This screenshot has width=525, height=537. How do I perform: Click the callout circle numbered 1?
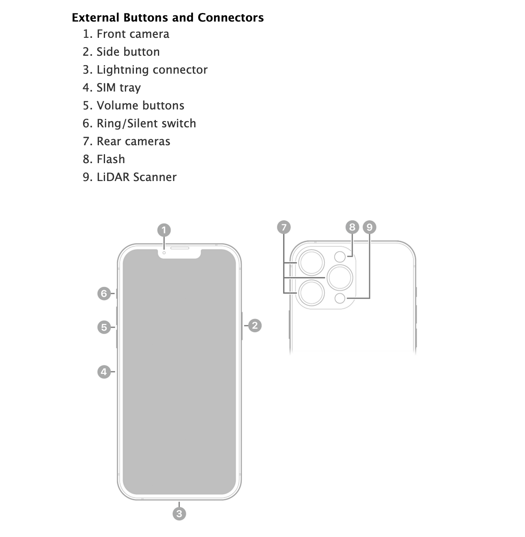coord(164,230)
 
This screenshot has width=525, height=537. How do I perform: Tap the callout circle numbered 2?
coord(255,325)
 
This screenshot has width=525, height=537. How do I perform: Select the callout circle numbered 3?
coord(179,513)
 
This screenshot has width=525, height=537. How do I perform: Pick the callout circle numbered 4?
coord(104,371)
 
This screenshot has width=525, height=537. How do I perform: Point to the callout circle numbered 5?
coord(104,327)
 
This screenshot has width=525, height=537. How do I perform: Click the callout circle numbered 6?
coord(104,293)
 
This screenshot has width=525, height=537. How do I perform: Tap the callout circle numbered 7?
coord(284,227)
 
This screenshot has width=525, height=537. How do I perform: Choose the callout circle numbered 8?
coord(352,227)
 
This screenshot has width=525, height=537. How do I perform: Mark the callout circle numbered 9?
coord(370,227)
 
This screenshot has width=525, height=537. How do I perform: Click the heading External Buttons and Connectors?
coord(168,17)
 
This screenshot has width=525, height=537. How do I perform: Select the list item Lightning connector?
coord(152,70)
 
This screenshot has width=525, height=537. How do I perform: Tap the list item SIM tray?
coord(118,87)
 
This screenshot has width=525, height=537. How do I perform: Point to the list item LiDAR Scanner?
coord(136,177)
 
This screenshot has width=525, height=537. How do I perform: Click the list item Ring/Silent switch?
coord(146,123)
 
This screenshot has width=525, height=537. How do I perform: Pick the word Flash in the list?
coord(111,159)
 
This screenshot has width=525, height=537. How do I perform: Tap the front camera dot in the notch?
coord(164,253)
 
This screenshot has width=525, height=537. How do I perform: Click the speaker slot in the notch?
coord(179,248)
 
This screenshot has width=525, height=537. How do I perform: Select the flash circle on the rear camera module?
coord(340,257)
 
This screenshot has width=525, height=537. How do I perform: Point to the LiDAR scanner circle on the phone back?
coord(340,298)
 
